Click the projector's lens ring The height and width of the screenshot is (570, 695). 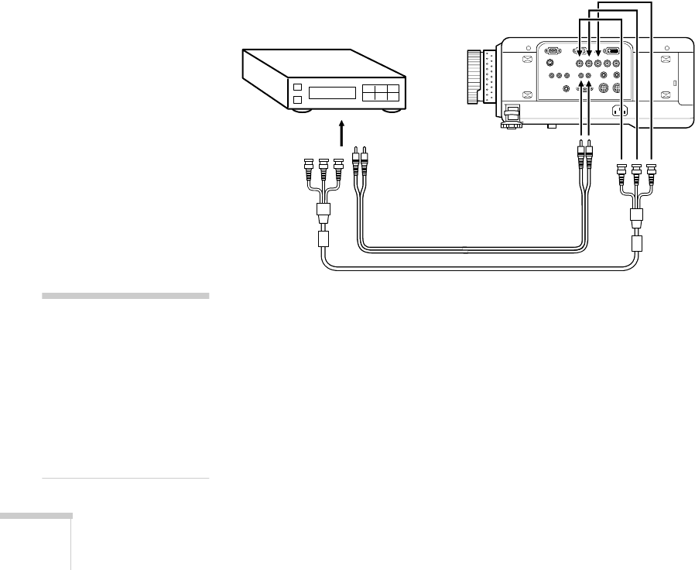click(x=474, y=77)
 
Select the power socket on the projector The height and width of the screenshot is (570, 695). click(x=619, y=110)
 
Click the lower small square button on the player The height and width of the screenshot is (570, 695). click(x=296, y=100)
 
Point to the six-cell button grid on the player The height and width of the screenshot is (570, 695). click(x=382, y=93)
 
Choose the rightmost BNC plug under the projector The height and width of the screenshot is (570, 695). click(x=651, y=171)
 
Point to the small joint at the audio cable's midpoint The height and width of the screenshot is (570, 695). click(x=463, y=249)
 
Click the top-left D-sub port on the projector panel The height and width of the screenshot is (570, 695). click(x=552, y=49)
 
